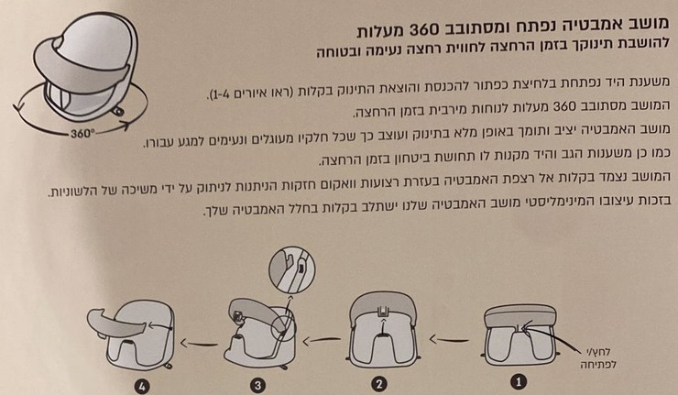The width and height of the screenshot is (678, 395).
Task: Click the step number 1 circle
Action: coord(519,382)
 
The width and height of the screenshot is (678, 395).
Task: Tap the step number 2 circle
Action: coord(378,384)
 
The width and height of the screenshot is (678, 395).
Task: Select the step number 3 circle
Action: coord(258,385)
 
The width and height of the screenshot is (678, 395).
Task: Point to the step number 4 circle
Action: coord(142,386)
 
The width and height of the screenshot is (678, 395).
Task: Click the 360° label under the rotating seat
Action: coord(82,133)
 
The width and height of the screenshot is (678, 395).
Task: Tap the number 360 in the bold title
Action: coord(426,30)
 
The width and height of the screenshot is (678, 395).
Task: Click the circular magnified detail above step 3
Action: coord(292,270)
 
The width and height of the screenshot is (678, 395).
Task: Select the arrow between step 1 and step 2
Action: coord(449,340)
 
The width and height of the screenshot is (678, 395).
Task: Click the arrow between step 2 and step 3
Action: coord(322,341)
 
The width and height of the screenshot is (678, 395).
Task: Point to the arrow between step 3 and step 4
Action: coord(199,344)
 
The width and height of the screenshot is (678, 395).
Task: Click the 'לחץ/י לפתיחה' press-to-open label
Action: coord(598,358)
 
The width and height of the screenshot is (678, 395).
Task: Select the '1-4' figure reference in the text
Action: coord(221,93)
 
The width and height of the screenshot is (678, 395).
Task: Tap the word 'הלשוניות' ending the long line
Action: coord(71,192)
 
